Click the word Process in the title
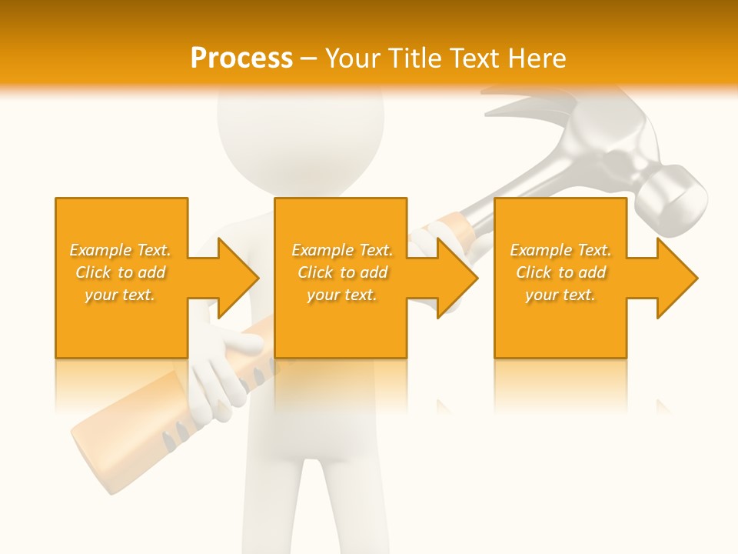[241, 58]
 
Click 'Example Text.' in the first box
[121, 250]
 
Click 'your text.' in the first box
[121, 295]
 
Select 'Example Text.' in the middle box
[342, 250]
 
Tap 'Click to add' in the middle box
[342, 272]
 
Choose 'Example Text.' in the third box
[560, 250]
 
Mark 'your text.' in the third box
[560, 295]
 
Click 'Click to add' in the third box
[560, 272]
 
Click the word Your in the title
[353, 58]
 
